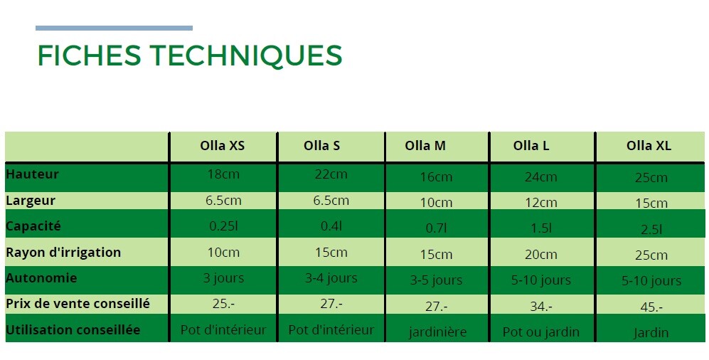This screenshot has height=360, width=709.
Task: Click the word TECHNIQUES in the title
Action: tap(246, 55)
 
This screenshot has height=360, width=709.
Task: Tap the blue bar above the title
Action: tap(114, 28)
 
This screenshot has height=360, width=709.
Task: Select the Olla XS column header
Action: tap(223, 146)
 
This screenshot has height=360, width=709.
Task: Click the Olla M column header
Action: tap(425, 146)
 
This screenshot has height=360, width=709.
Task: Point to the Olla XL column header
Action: tap(649, 146)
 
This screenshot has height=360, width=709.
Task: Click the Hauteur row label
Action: tap(32, 174)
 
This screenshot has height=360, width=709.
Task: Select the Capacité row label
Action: tap(33, 226)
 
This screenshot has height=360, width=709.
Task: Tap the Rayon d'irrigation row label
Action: tap(63, 252)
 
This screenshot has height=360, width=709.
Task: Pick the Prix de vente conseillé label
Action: tap(78, 304)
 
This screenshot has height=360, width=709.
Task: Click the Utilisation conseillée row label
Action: tap(73, 329)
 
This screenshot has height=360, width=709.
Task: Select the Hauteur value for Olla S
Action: tap(331, 174)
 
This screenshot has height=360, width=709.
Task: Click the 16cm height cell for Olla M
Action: tap(436, 177)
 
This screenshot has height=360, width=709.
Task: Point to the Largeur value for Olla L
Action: tap(540, 203)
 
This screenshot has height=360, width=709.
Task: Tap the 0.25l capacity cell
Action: tap(223, 226)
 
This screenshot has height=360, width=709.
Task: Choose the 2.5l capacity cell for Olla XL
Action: tap(651, 230)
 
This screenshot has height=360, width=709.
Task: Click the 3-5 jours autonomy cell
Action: tap(437, 280)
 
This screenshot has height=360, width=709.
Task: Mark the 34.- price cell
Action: tap(540, 307)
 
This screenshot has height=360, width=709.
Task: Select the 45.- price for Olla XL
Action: tap(651, 307)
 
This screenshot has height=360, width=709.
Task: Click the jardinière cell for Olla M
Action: tap(437, 333)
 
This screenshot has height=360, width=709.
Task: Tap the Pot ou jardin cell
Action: tap(540, 332)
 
